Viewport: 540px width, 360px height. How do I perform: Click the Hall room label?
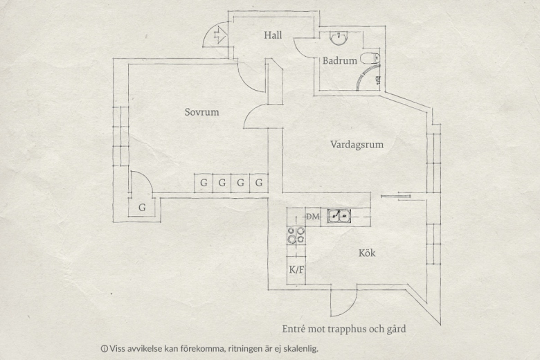(x=273, y=35)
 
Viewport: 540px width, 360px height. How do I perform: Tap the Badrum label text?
(x=339, y=61)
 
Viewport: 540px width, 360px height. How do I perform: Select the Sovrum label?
(x=202, y=112)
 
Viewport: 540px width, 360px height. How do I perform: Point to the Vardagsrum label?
(x=357, y=144)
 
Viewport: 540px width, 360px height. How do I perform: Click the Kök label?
(x=367, y=253)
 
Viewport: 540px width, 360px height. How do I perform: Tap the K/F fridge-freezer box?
(x=296, y=270)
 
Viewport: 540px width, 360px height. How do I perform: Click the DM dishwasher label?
(x=313, y=217)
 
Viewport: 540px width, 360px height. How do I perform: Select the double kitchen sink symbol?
(x=339, y=216)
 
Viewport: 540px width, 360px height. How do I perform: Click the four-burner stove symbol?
(x=296, y=235)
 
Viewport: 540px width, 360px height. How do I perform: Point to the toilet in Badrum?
(x=370, y=59)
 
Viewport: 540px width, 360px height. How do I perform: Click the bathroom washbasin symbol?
(x=339, y=38)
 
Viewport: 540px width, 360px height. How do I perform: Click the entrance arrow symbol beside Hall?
(x=220, y=35)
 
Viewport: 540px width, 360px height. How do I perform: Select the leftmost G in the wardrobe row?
(x=204, y=183)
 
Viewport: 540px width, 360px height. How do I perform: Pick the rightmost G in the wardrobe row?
(x=259, y=183)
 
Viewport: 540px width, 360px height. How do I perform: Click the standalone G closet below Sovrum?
(x=142, y=208)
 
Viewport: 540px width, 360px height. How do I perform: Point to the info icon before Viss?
(x=104, y=349)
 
